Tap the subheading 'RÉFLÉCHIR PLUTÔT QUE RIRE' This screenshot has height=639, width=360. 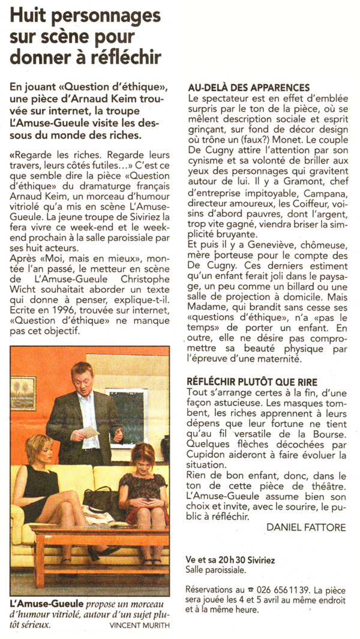point(253,382)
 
